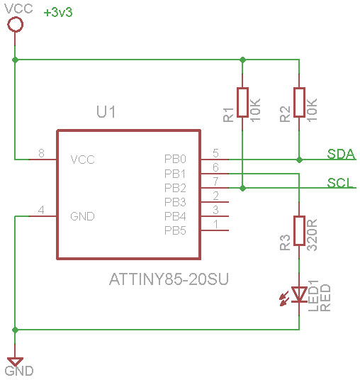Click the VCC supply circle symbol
click(x=15, y=25)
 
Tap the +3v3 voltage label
click(x=58, y=13)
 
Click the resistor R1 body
click(x=243, y=102)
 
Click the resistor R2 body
click(x=300, y=102)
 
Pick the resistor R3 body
click(x=300, y=230)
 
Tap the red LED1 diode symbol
click(x=300, y=294)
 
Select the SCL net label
click(x=341, y=183)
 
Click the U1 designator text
click(x=106, y=112)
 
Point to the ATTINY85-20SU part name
click(x=159, y=279)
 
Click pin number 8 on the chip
click(x=41, y=153)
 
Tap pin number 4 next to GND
click(x=41, y=210)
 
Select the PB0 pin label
click(x=175, y=160)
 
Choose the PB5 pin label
click(x=175, y=230)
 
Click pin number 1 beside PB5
click(x=215, y=224)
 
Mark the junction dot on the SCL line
click(x=243, y=188)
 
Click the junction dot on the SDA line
click(x=300, y=160)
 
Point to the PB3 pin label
click(x=175, y=202)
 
